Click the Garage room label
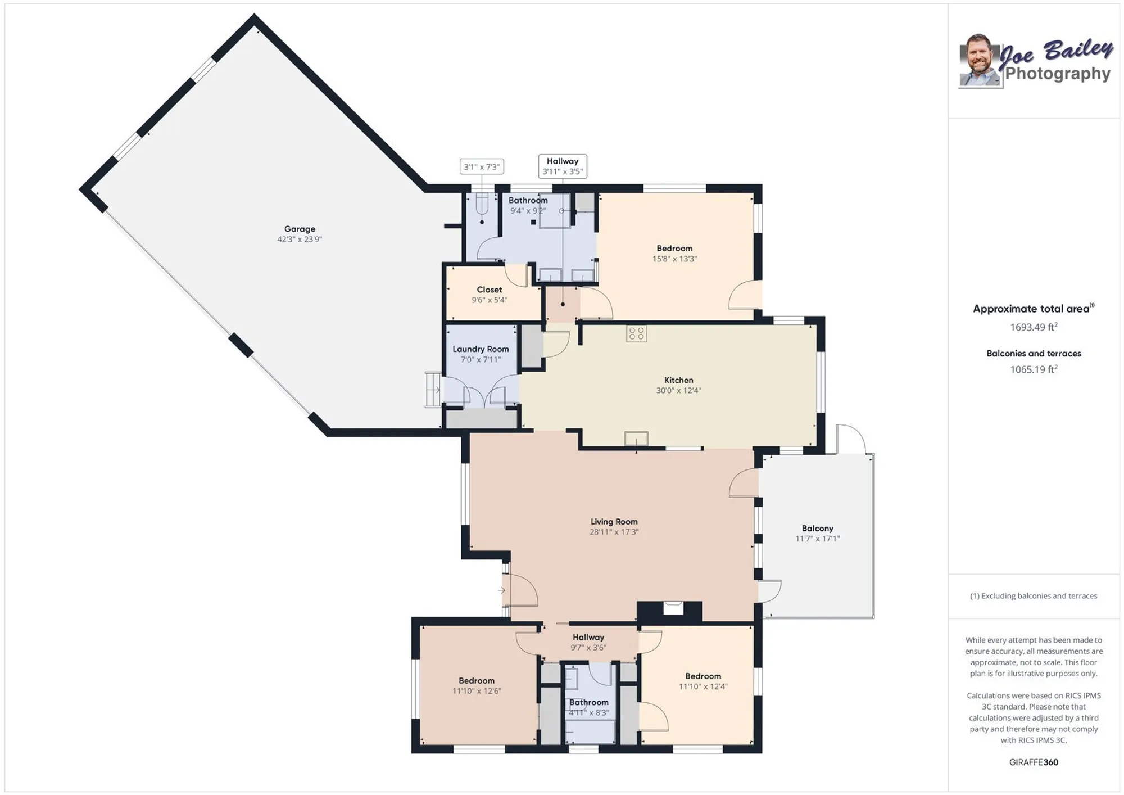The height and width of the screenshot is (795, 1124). click(300, 229)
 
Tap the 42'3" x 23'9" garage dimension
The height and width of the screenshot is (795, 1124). click(300, 240)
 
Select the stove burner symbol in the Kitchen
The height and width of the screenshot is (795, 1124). click(636, 333)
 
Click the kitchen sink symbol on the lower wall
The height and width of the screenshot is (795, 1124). click(636, 438)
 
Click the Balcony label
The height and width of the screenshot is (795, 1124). click(817, 528)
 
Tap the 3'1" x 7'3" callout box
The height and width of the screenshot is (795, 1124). click(482, 167)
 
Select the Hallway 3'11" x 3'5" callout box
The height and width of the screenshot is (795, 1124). click(563, 166)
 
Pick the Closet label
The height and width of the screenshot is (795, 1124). click(489, 290)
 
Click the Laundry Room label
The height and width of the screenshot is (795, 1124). click(481, 349)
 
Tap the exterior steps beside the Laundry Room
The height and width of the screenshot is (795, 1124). click(433, 389)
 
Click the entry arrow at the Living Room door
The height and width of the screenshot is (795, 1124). click(501, 590)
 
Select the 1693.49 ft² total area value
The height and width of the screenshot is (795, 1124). click(1033, 327)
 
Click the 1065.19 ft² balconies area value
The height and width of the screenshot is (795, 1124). click(1033, 369)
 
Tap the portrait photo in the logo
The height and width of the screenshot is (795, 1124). click(980, 61)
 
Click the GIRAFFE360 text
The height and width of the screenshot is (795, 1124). click(1033, 762)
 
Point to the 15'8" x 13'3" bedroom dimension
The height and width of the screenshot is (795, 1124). click(674, 259)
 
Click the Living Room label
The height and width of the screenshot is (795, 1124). click(614, 521)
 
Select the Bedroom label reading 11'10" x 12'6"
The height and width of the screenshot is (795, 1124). click(476, 680)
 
